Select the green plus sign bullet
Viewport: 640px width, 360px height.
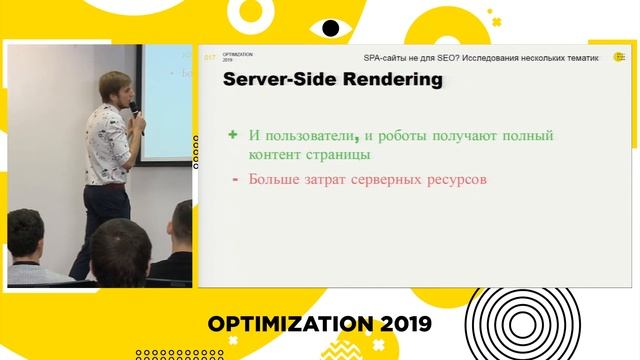click(233, 134)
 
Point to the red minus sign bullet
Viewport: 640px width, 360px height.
click(234, 180)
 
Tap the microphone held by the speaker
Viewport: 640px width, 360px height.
click(135, 117)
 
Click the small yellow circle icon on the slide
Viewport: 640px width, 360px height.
click(618, 57)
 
